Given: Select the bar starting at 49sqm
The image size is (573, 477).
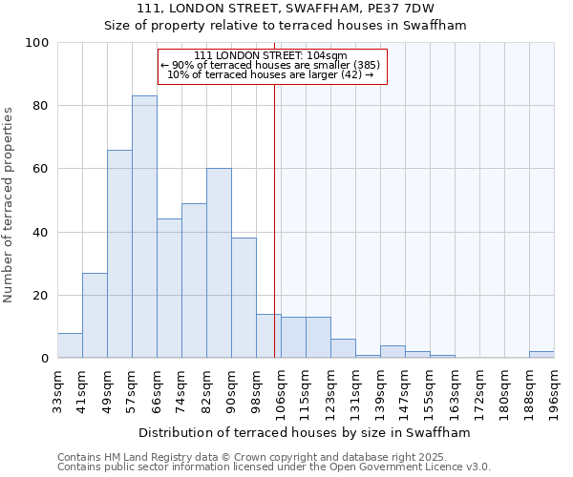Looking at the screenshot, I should [x=119, y=254].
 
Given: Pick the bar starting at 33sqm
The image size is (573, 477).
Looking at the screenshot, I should [x=70, y=345].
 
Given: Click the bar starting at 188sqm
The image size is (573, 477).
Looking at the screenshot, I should [x=541, y=355].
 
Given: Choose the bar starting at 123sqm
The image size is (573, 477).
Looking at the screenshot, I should [x=343, y=349].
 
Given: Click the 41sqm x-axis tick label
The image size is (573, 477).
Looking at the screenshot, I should [x=83, y=390].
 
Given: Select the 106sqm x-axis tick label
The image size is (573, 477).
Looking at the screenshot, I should [x=282, y=392].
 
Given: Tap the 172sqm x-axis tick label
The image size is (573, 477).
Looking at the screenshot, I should [x=480, y=392].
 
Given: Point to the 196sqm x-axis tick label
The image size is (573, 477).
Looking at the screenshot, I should [x=555, y=392].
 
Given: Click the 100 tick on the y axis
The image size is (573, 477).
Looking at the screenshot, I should [x=36, y=43].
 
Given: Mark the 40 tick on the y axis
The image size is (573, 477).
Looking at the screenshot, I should [x=40, y=232].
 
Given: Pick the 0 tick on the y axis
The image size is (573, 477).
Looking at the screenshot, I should [x=44, y=359].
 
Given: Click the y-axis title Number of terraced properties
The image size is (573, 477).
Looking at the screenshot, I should [x=10, y=205].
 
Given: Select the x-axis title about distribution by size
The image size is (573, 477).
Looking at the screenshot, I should [x=305, y=432].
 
